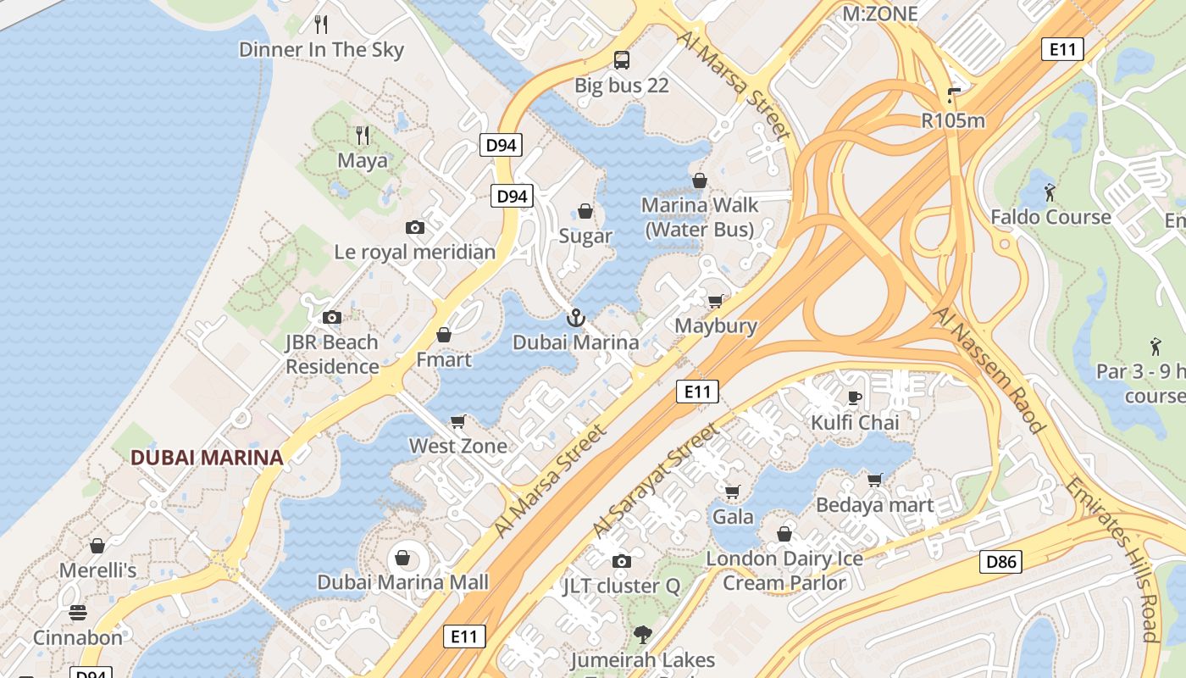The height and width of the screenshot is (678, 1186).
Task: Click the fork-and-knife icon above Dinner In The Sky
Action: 321,24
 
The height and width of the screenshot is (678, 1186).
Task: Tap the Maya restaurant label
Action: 363,160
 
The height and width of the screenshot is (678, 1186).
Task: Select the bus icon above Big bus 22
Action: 622,59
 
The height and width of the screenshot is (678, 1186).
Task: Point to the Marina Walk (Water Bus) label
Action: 700,217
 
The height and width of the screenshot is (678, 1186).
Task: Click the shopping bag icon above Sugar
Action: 585,210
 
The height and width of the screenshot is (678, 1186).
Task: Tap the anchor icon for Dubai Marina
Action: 575,318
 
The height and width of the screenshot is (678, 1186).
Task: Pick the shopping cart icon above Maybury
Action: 716,301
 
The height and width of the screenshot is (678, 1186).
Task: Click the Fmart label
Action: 444,359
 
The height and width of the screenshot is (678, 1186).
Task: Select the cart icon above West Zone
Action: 458,421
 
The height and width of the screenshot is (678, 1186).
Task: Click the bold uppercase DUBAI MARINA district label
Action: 207,458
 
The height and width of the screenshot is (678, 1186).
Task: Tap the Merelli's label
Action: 97,570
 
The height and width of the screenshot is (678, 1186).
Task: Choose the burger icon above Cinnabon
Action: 78,612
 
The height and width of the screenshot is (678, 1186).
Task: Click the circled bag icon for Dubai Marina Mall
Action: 402,558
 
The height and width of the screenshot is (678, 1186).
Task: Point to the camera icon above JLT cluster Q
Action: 622,561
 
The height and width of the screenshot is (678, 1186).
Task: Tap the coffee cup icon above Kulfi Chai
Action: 855,397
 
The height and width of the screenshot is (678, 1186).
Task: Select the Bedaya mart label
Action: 875,505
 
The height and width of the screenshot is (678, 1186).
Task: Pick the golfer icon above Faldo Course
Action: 1050,192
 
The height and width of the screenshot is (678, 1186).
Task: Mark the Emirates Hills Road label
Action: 1112,559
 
